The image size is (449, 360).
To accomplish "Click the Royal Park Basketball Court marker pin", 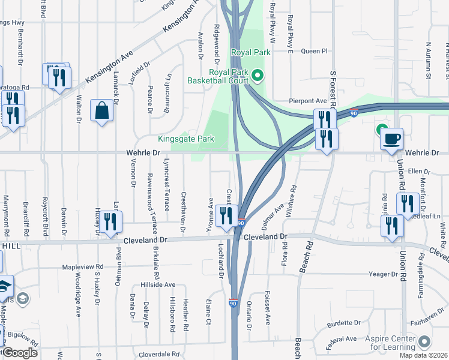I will click(258, 76).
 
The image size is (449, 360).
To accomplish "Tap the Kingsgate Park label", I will click(186, 139).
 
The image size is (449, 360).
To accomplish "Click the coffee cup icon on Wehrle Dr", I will click(391, 138).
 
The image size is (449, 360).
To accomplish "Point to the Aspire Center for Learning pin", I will click(425, 341).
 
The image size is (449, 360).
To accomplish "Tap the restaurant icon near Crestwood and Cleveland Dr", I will click(226, 217).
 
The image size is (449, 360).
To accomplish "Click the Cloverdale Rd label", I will click(159, 354).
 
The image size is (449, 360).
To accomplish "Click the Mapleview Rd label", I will click(83, 267).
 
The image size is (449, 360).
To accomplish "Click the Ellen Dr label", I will click(415, 171).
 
